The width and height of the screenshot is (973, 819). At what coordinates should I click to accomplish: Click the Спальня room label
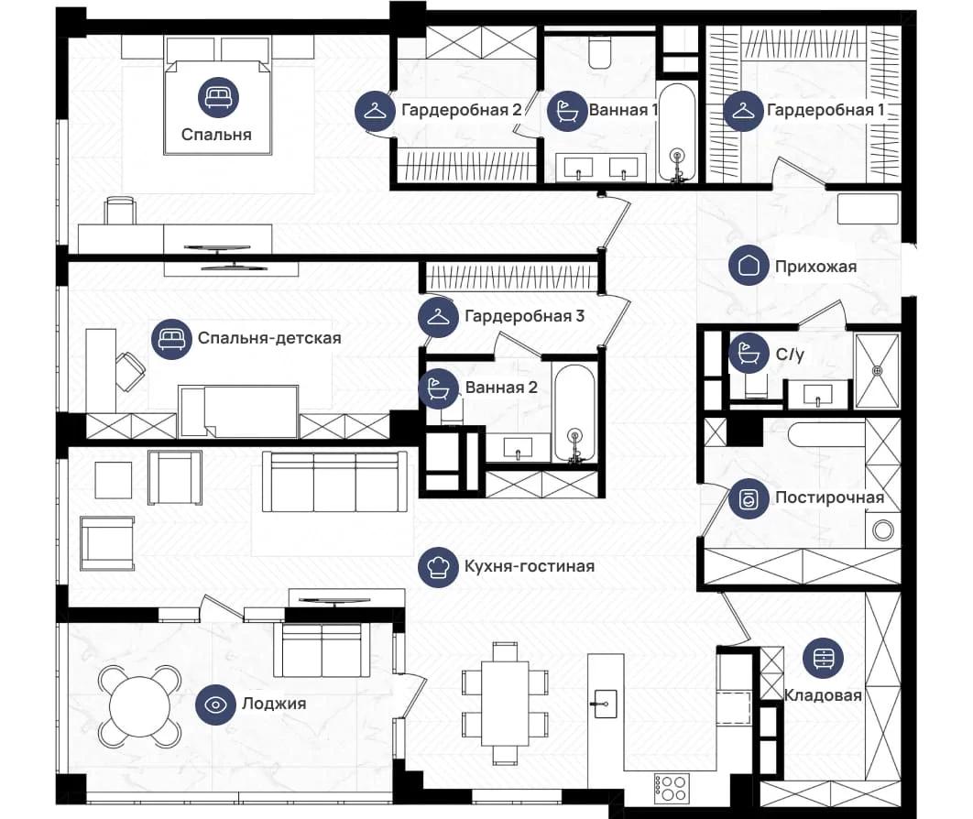[216, 135]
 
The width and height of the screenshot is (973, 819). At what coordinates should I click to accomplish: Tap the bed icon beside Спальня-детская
[171, 339]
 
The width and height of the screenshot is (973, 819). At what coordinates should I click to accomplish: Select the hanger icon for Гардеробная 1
[743, 111]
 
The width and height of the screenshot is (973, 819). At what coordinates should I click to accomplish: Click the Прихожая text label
[815, 267]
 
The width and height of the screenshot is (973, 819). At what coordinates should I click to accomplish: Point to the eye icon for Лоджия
[215, 704]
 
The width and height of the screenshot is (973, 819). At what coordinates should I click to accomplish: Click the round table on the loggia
[140, 706]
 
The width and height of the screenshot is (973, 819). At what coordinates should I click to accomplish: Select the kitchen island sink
[605, 704]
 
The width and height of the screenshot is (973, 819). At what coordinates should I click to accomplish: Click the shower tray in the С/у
[878, 371]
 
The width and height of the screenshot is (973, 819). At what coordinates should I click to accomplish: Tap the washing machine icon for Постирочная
[749, 499]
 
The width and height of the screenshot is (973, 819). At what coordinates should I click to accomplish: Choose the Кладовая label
[823, 695]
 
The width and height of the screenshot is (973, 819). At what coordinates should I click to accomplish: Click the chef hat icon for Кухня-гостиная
[438, 566]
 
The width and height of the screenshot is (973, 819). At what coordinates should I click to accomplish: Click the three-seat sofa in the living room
[334, 482]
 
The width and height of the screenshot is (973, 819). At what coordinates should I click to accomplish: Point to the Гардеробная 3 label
[524, 316]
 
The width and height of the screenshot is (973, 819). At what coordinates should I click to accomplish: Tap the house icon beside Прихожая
[749, 266]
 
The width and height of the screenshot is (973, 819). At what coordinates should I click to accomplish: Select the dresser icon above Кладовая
[823, 658]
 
